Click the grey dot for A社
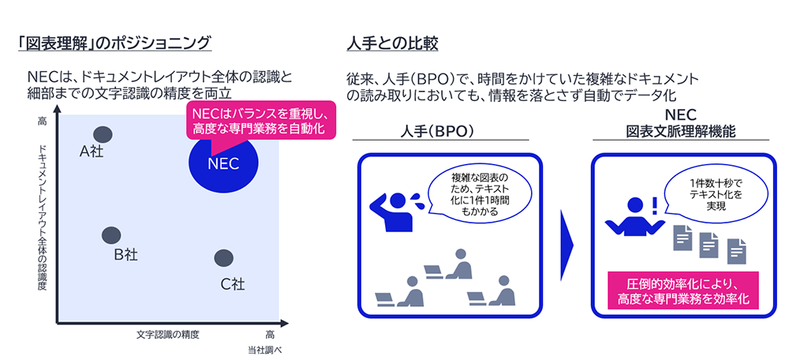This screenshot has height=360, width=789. [x=103, y=135]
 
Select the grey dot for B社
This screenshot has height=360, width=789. [x=111, y=234]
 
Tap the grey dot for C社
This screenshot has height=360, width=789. [x=224, y=258]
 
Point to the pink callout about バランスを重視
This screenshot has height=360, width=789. [x=260, y=119]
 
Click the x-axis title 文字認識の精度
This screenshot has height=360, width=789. [x=168, y=334]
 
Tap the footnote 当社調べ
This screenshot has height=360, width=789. [x=266, y=349]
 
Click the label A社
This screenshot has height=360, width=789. [x=93, y=153]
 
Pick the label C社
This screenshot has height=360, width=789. [x=232, y=283]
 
